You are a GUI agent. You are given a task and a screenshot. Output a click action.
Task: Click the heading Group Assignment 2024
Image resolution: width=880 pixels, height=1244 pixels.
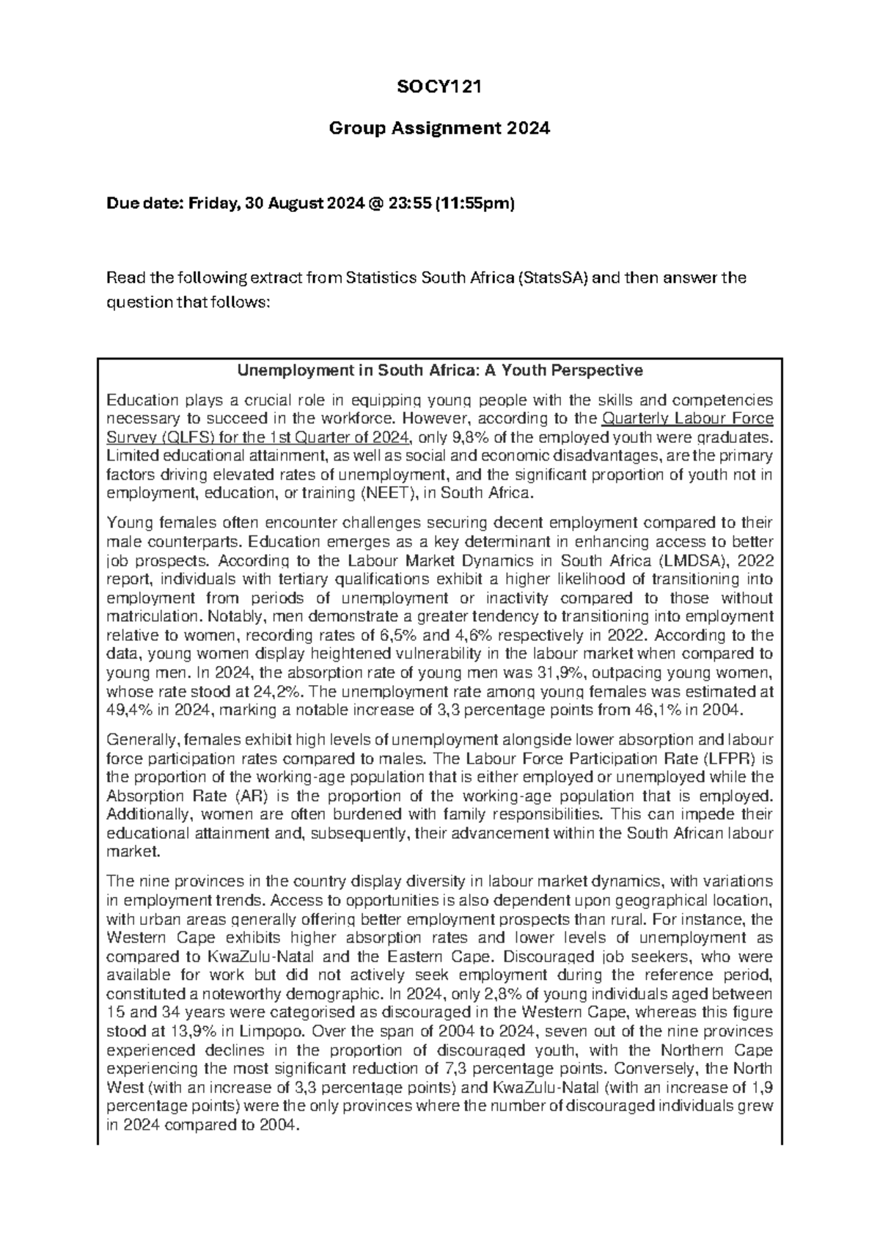[x=439, y=129]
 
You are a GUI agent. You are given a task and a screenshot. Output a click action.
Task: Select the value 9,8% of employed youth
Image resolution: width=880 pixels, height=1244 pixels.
[x=461, y=438]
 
